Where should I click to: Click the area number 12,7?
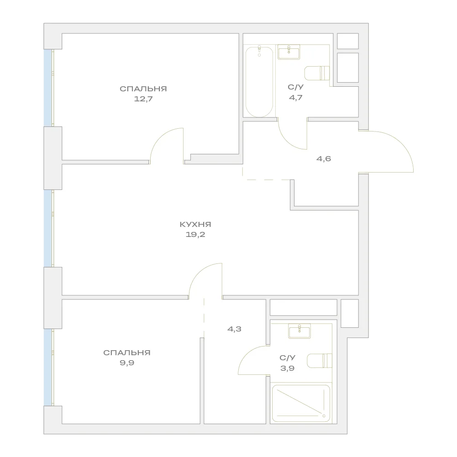[143, 99]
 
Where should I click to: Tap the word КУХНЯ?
[195, 225]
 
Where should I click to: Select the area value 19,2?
[195, 235]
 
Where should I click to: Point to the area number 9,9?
[127, 363]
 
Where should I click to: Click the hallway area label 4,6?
[324, 159]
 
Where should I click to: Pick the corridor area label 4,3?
[234, 329]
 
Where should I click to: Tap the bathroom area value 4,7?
[295, 97]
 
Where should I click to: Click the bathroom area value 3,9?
[287, 368]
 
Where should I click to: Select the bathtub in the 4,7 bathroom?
[259, 81]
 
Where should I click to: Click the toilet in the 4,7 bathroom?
[317, 73]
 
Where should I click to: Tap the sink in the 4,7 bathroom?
[289, 53]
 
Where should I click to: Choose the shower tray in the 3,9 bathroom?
[301, 404]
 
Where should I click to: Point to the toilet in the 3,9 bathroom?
[320, 361]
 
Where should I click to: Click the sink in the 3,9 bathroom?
[299, 331]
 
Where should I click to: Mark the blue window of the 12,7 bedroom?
[47, 88]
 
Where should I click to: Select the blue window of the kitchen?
[47, 228]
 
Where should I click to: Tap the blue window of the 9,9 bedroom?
[47, 367]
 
